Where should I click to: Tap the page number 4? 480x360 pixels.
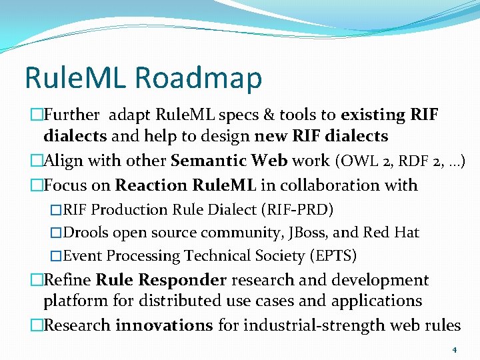point(454,349)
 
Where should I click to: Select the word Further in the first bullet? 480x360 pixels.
point(73,115)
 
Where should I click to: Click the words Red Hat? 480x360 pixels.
point(391,233)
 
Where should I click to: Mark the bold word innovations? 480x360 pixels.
point(163,325)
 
